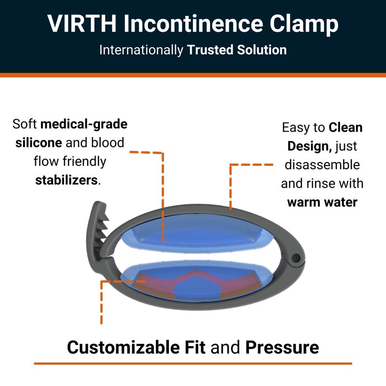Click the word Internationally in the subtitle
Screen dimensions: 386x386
pyautogui.click(x=142, y=50)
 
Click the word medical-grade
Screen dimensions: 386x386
pyautogui.click(x=84, y=124)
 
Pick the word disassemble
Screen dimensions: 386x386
pyautogui.click(x=322, y=165)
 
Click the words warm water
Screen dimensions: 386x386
pyautogui.click(x=322, y=201)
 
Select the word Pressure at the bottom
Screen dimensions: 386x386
pyautogui.click(x=282, y=347)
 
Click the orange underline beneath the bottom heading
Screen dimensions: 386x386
pyautogui.click(x=193, y=363)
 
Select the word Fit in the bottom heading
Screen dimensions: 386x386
pyautogui.click(x=195, y=347)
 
